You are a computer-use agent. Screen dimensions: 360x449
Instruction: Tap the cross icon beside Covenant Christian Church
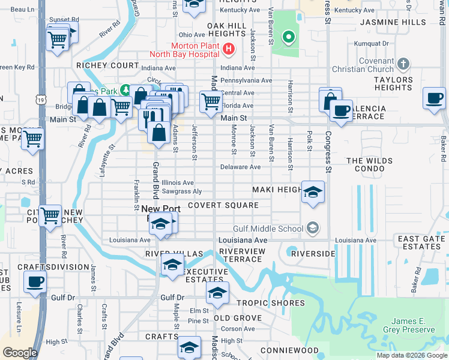click(x=403, y=63)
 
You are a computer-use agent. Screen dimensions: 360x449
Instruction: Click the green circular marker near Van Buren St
click(x=289, y=38)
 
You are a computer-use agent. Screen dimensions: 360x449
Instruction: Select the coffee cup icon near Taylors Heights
click(x=434, y=98)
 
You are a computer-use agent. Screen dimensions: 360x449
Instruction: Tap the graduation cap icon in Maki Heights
click(x=313, y=192)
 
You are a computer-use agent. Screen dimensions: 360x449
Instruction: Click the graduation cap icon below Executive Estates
click(x=217, y=293)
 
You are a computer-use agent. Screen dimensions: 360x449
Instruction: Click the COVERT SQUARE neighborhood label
click(x=223, y=205)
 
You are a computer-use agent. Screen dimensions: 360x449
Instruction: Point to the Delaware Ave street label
click(x=240, y=167)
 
